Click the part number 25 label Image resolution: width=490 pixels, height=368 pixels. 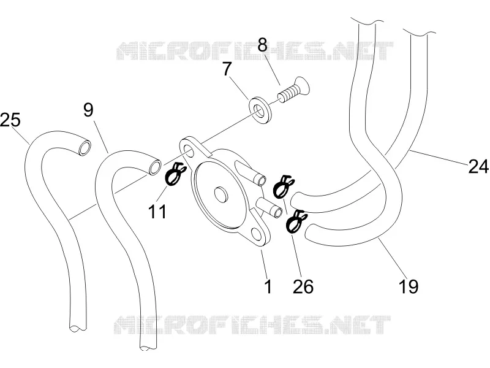pyautogui.click(x=10, y=120)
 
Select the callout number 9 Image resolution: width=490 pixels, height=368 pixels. pyautogui.click(x=88, y=110)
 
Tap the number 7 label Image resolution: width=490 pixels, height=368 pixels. pyautogui.click(x=227, y=69)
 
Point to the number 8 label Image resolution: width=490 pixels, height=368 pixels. pyautogui.click(x=263, y=44)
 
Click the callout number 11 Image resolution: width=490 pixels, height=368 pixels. pyautogui.click(x=157, y=212)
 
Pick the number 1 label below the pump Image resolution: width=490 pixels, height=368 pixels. pyautogui.click(x=268, y=286)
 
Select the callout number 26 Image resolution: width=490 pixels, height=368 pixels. pyautogui.click(x=303, y=286)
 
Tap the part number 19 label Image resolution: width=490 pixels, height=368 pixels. pyautogui.click(x=409, y=286)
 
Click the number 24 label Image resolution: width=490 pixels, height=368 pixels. pyautogui.click(x=478, y=166)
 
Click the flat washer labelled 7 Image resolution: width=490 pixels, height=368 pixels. pyautogui.click(x=260, y=109)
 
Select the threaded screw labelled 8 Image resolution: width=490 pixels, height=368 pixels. pyautogui.click(x=294, y=89)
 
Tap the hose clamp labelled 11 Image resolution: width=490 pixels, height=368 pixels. pyautogui.click(x=175, y=175)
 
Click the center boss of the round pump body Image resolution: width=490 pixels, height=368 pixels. pyautogui.click(x=221, y=195)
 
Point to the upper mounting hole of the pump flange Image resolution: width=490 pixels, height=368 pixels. pyautogui.click(x=189, y=150)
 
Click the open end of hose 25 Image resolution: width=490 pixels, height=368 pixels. pyautogui.click(x=85, y=148)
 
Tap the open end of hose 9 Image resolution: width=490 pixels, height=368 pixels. pyautogui.click(x=155, y=167)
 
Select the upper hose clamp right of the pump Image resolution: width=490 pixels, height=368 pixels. pyautogui.click(x=283, y=186)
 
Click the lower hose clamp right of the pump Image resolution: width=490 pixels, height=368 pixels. pyautogui.click(x=296, y=221)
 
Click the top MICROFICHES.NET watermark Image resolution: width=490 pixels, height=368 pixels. pyautogui.click(x=255, y=51)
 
